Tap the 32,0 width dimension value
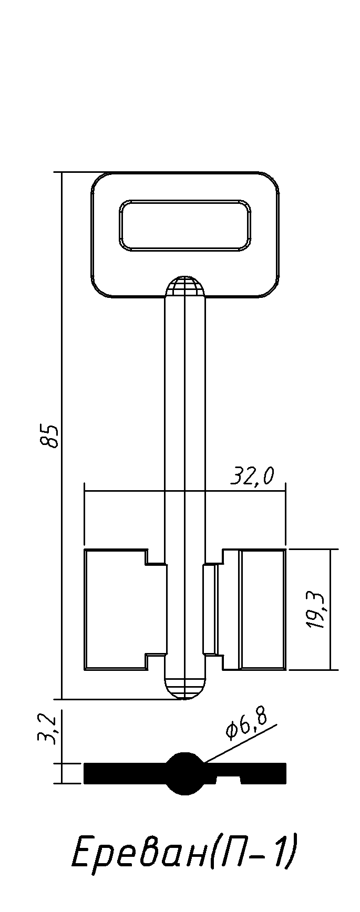[x=252, y=476]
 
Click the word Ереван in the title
[x=140, y=853]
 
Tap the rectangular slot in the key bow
[x=185, y=224]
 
